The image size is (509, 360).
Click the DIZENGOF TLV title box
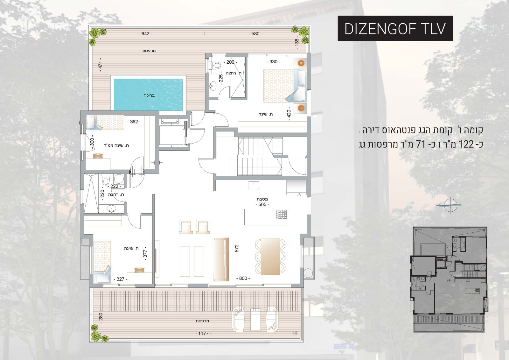coord(395,28)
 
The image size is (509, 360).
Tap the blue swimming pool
coord(148,95)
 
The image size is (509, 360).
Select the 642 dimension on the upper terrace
coord(145,34)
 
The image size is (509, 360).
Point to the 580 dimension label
coord(255,34)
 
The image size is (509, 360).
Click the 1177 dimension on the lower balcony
coord(203,333)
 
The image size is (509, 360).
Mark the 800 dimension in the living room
coord(243,279)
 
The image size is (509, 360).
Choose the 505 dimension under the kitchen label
coord(262,204)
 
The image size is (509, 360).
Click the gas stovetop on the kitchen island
coord(282,214)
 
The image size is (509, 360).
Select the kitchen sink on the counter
coord(254,185)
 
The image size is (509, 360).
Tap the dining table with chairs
coord(270,256)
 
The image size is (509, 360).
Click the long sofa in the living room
coord(221,259)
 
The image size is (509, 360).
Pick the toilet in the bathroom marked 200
coord(217,65)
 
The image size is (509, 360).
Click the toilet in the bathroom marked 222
coord(106,181)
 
